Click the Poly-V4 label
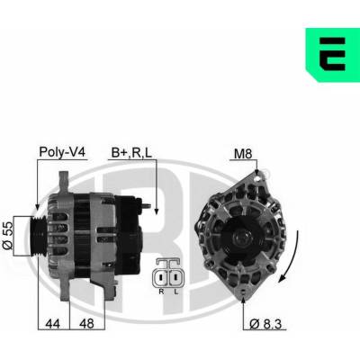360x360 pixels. (x=62, y=152)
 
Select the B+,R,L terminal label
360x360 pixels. (x=131, y=153)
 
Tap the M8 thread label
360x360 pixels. (x=243, y=154)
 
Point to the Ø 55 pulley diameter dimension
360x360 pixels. (x=8, y=236)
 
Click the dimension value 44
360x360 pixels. (x=52, y=323)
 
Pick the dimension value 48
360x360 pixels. (x=86, y=323)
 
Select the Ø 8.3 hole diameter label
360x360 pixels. (x=265, y=324)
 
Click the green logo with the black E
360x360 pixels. (x=332, y=55)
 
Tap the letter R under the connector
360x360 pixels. (x=161, y=292)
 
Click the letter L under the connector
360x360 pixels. (x=176, y=292)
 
